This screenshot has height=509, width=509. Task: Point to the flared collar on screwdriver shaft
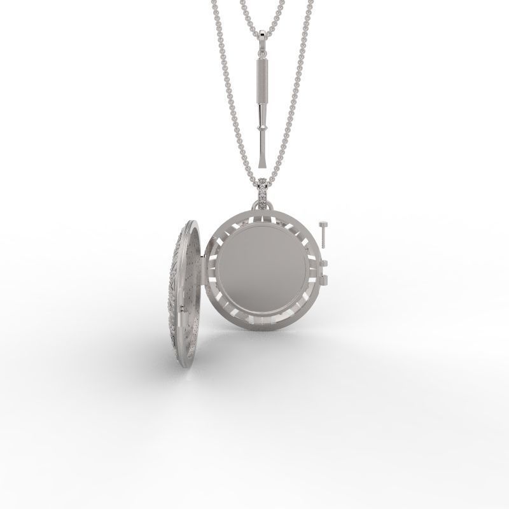point(261,127)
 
